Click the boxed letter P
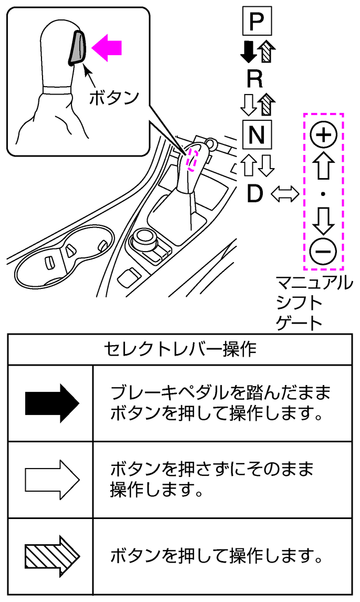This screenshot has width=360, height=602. coord(256,22)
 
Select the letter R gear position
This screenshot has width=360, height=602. coord(255,79)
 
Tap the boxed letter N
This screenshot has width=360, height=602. coord(257,135)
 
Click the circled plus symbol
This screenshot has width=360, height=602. coord(323,136)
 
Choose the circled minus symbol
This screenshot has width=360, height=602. coord(323,252)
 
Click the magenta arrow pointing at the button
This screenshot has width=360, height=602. coord(107,48)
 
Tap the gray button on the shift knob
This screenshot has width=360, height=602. coord(77,47)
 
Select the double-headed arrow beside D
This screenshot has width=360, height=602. coord(284,195)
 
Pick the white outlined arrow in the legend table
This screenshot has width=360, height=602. coord(52,480)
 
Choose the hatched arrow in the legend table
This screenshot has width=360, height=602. coord(52,556)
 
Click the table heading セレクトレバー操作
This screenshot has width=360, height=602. coord(180,349)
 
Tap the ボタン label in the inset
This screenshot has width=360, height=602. coord(114,97)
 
